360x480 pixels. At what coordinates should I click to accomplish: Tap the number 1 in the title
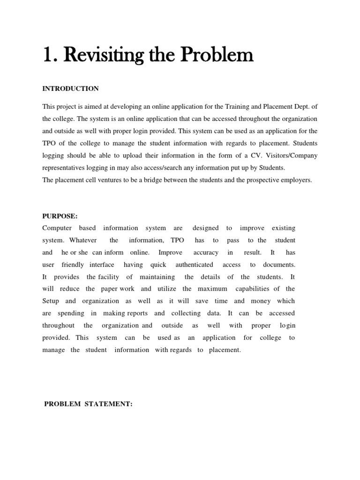[46, 56]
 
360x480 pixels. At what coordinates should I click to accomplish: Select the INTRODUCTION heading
[70, 89]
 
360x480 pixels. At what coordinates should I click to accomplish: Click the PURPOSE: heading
[60, 216]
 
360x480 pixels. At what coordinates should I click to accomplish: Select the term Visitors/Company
[292, 156]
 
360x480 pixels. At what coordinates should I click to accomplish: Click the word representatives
[66, 168]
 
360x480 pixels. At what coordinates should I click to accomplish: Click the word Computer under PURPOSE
[57, 228]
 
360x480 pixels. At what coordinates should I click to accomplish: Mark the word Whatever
[83, 240]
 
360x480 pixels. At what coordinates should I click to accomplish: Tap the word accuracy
[206, 253]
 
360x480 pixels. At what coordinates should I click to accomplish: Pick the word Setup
[50, 301]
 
